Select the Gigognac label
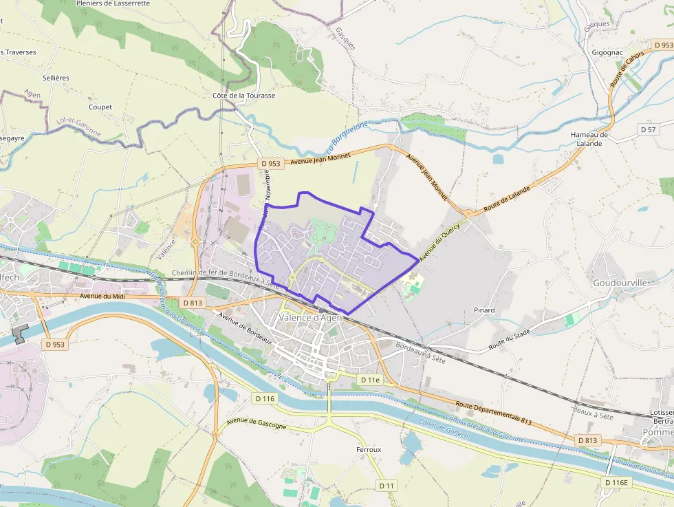click(607, 52)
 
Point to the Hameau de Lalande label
click(589, 139)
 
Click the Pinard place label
click(484, 310)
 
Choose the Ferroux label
click(369, 449)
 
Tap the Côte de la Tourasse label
click(243, 96)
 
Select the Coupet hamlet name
click(100, 107)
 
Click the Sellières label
click(56, 78)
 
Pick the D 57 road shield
click(648, 129)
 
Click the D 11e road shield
click(370, 380)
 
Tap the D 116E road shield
click(617, 483)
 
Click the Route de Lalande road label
click(507, 199)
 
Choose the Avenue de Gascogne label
click(256, 425)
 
